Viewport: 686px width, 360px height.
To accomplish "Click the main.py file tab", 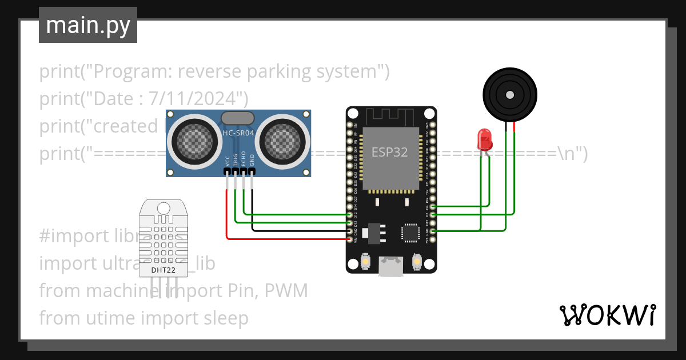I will [x=87, y=25].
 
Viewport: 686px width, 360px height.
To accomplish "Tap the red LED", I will [x=485, y=139].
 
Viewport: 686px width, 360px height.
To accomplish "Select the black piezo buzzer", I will [x=510, y=94].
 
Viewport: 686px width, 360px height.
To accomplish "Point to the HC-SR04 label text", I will [x=238, y=133].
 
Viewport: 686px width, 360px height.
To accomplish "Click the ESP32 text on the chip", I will [x=389, y=152].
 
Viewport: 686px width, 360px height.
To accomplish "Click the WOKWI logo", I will [x=607, y=315].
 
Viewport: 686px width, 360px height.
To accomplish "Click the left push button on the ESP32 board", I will [x=365, y=262].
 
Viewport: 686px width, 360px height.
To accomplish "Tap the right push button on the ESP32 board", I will [x=417, y=262].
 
